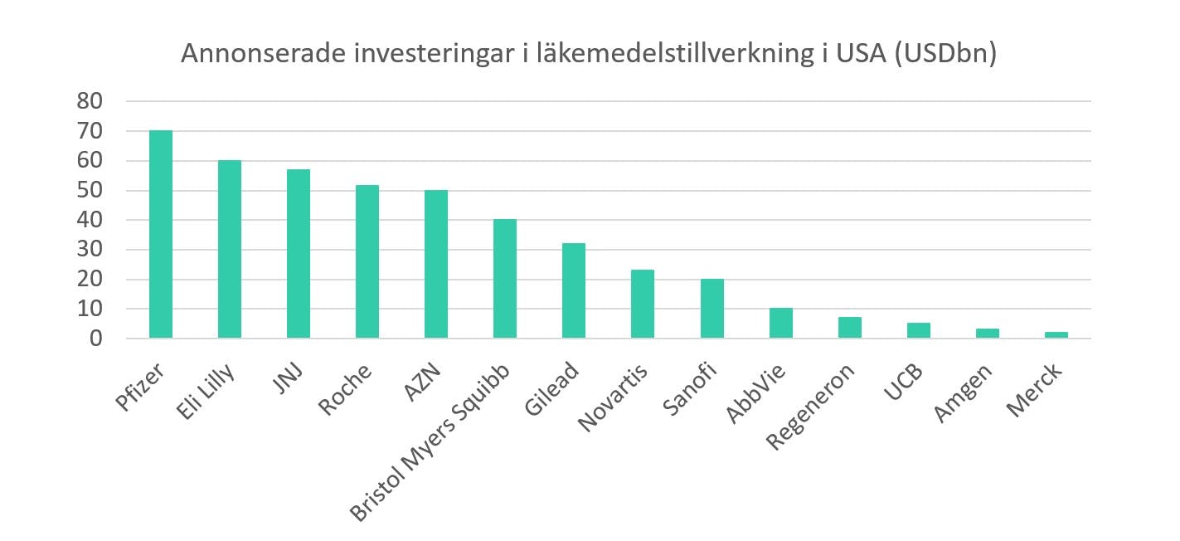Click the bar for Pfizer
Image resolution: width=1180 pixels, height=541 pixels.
pyautogui.click(x=161, y=235)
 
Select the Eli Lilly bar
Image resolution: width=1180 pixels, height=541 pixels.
pyautogui.click(x=230, y=249)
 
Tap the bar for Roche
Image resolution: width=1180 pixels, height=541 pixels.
pyautogui.click(x=367, y=261)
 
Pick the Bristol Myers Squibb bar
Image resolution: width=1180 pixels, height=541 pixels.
pyautogui.click(x=505, y=279)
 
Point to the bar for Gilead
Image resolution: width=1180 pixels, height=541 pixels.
pyautogui.click(x=574, y=290)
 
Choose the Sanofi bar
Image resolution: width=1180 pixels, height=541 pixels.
pyautogui.click(x=712, y=309)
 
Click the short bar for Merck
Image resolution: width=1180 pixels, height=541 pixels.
pyautogui.click(x=1056, y=335)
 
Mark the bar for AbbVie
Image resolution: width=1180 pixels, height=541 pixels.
pyautogui.click(x=781, y=324)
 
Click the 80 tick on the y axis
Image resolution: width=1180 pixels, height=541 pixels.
pyautogui.click(x=90, y=102)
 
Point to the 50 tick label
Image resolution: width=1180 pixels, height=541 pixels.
pyautogui.click(x=90, y=191)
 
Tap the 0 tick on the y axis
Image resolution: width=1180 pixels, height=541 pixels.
pyautogui.click(x=96, y=339)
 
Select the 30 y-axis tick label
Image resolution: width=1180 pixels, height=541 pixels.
pyautogui.click(x=90, y=250)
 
